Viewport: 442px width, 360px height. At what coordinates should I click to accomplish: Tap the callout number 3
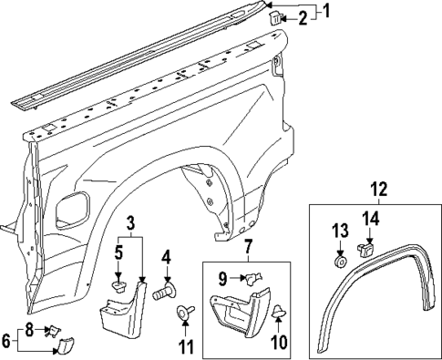point(131,222)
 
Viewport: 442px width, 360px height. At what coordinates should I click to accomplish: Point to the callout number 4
point(166,258)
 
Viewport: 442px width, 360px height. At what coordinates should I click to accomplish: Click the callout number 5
point(118,251)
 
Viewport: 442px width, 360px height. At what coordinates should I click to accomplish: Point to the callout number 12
point(377,190)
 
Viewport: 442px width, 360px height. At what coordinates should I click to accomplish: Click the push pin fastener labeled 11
point(185,314)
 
